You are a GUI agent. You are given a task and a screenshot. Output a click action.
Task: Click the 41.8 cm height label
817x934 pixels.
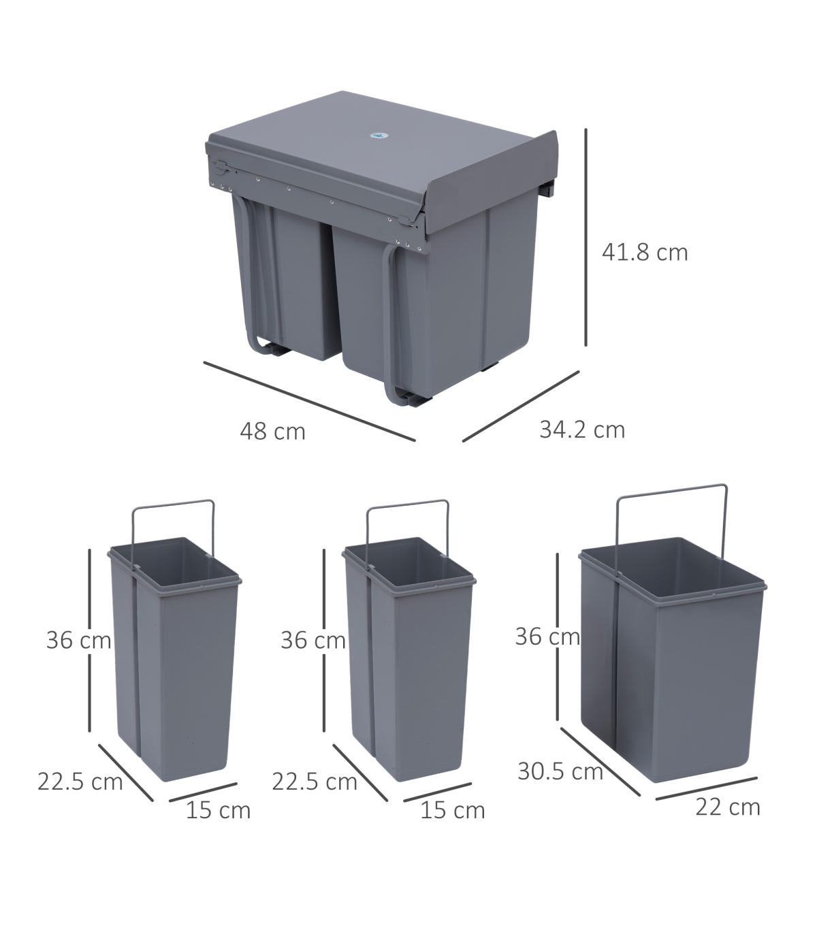point(645,253)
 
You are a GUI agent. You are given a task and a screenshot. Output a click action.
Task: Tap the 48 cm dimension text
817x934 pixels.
point(272,432)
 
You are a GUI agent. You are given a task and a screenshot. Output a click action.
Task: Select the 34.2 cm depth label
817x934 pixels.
point(582,430)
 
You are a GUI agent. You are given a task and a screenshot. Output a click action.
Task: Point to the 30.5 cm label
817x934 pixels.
point(560,771)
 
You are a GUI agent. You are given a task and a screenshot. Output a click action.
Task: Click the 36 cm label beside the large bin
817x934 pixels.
point(547,637)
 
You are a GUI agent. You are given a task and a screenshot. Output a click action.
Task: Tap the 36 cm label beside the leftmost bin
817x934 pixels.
point(78,640)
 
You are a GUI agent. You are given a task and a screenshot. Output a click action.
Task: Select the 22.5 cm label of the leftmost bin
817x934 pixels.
point(80,782)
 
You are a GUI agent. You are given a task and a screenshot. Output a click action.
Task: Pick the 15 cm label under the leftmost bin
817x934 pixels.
point(218,810)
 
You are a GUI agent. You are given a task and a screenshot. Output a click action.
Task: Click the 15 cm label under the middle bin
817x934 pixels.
point(452,810)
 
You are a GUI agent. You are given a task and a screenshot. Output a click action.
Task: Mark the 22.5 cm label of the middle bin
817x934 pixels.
point(314,782)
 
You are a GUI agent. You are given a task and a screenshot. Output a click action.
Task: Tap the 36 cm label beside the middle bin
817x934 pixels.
point(313,640)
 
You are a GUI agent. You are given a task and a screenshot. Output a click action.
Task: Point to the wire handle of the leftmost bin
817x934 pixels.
point(173,504)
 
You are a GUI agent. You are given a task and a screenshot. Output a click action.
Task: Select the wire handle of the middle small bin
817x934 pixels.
point(407,504)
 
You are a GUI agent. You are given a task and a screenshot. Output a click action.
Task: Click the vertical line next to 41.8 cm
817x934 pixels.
point(586,238)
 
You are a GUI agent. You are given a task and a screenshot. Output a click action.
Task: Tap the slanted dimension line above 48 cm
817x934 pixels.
point(310,402)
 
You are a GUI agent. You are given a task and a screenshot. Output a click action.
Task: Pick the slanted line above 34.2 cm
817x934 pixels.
point(521,406)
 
